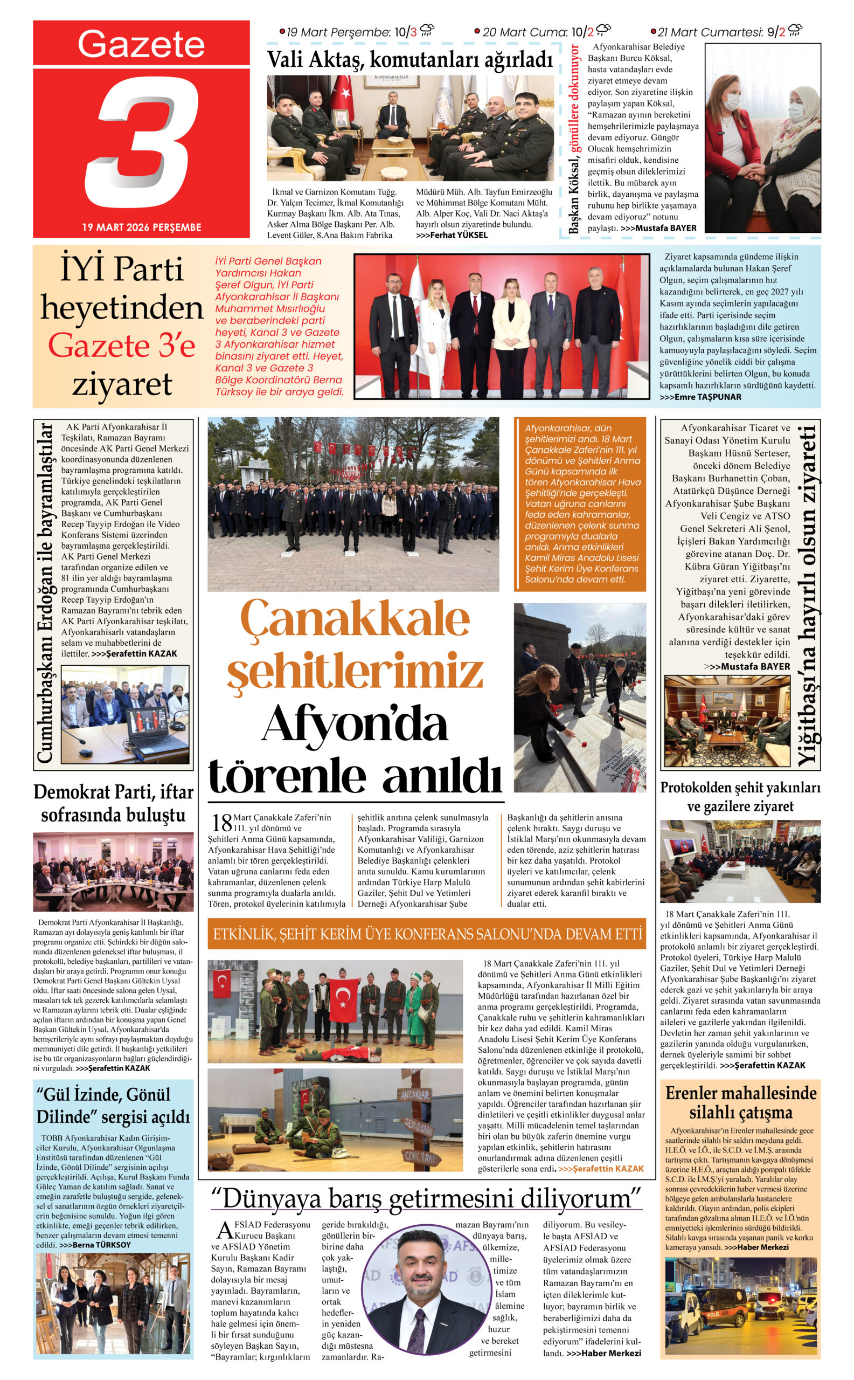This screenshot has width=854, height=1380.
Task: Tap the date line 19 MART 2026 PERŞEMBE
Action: click(x=141, y=227)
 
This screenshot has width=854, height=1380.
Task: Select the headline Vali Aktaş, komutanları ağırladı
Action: click(x=409, y=59)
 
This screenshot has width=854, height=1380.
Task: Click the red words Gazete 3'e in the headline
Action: click(x=121, y=346)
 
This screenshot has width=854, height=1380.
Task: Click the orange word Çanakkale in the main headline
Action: click(x=355, y=619)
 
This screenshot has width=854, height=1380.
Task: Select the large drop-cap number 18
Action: click(x=221, y=822)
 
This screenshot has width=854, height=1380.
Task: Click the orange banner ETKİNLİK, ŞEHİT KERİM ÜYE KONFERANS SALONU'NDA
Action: click(x=427, y=933)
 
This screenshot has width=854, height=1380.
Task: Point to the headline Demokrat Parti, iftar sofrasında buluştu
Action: click(x=113, y=803)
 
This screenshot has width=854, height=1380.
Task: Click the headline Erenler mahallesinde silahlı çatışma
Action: click(x=740, y=1102)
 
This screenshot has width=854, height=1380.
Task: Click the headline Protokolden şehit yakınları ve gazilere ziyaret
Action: click(x=740, y=796)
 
